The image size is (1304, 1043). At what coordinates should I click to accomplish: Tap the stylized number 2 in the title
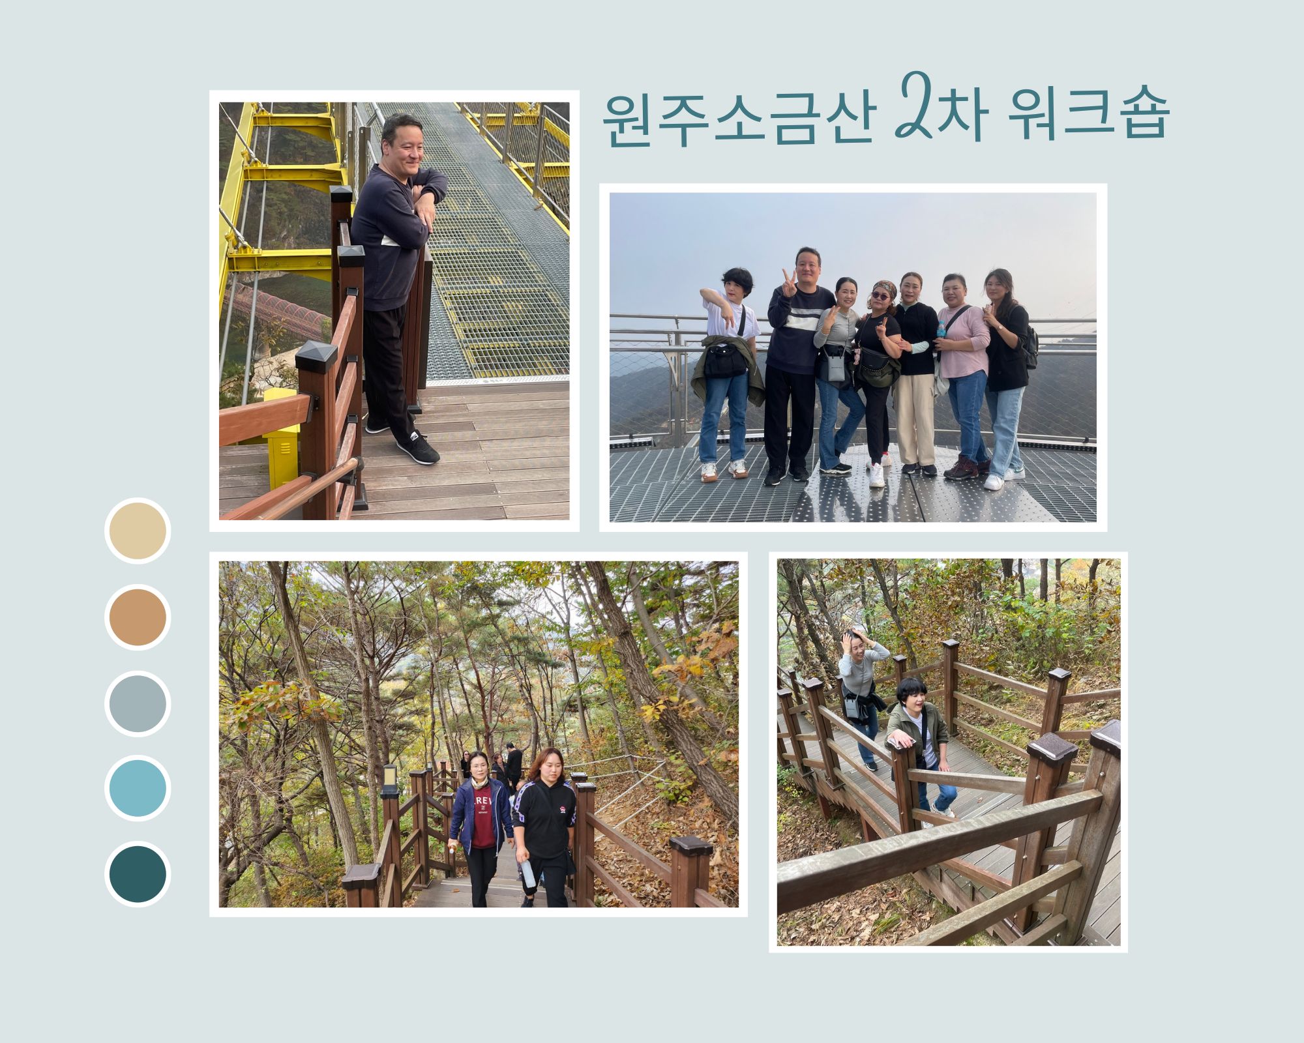(x=920, y=104)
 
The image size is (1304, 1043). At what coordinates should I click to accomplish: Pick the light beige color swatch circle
(x=138, y=531)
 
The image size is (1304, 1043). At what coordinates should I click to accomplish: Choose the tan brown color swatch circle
(x=138, y=617)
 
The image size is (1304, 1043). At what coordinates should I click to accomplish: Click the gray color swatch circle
(x=138, y=703)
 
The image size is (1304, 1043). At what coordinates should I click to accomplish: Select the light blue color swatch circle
(x=138, y=788)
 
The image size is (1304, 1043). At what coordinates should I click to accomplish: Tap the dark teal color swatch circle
(x=138, y=874)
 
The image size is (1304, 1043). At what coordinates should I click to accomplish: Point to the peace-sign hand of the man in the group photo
(x=789, y=283)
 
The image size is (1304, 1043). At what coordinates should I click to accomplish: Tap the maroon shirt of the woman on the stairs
(x=483, y=815)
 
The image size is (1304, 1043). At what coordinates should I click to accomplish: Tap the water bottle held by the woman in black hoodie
(x=527, y=874)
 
